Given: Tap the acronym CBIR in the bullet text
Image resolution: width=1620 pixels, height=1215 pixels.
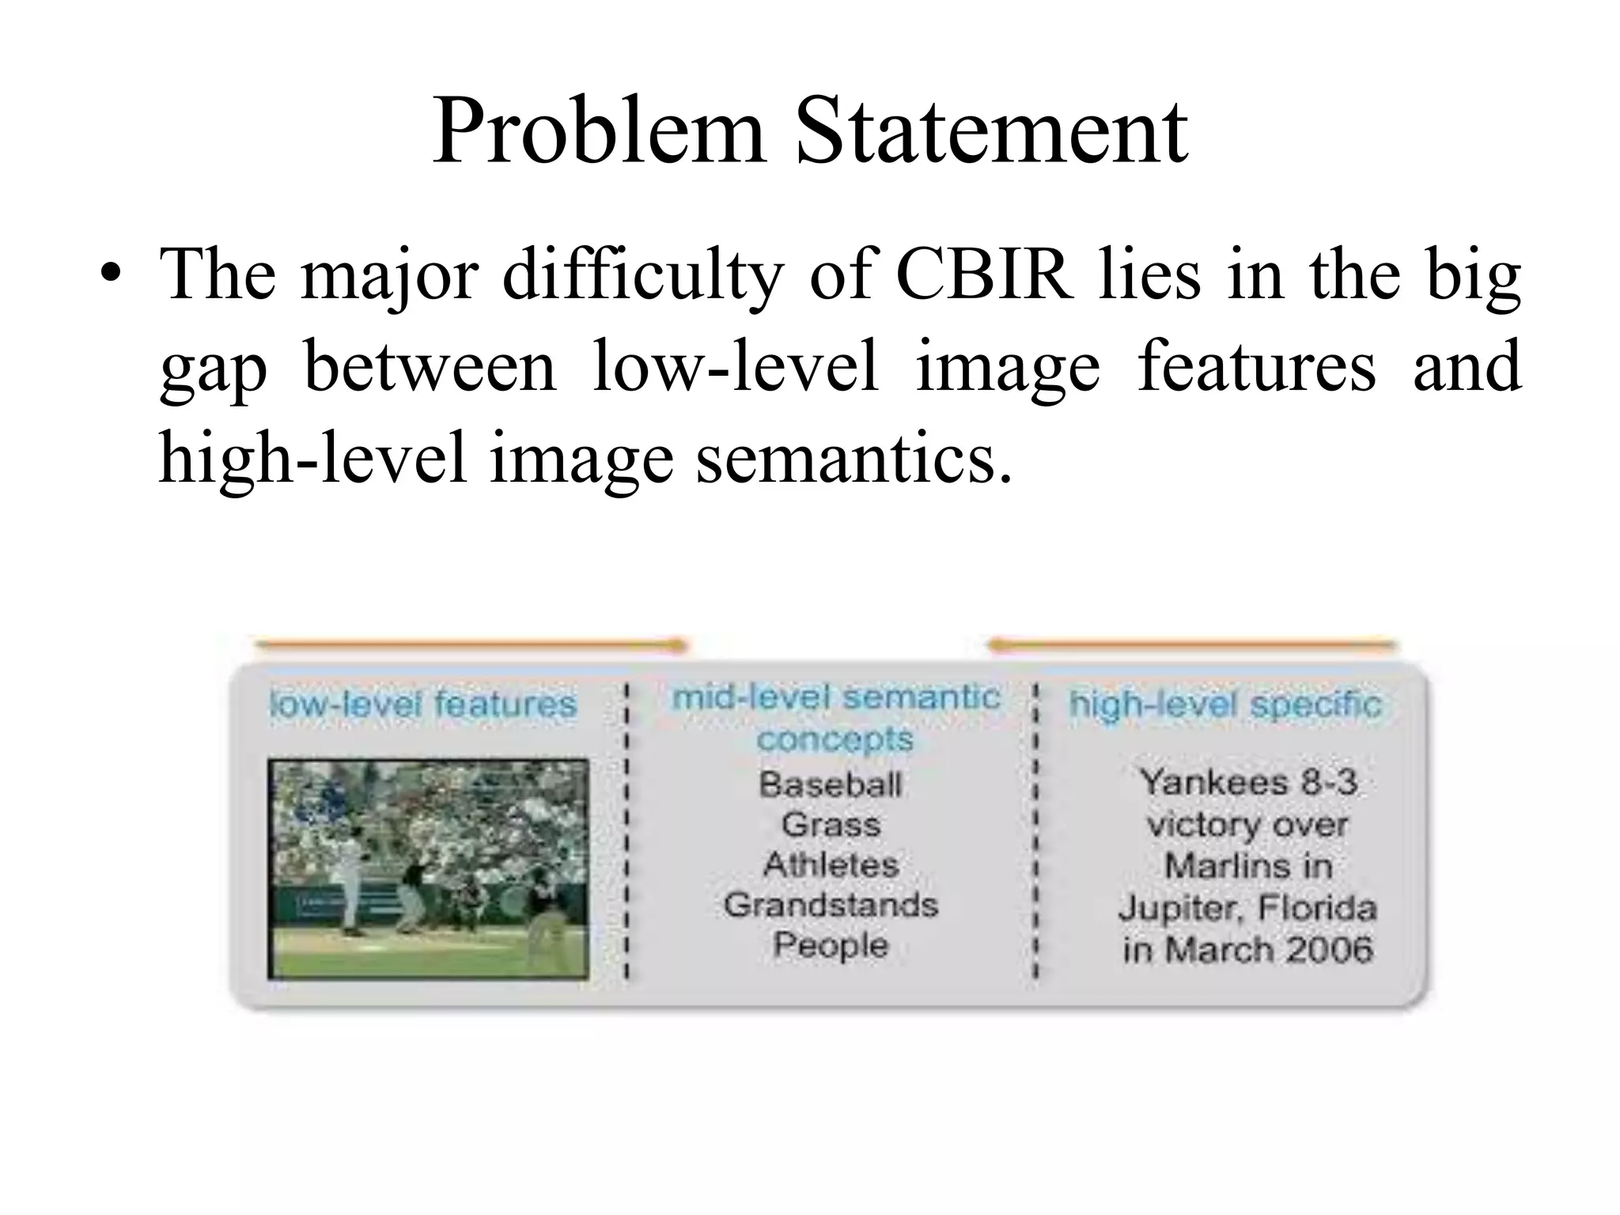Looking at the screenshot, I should click(x=985, y=275).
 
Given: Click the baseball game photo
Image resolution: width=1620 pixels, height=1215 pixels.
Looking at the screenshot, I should click(x=428, y=869).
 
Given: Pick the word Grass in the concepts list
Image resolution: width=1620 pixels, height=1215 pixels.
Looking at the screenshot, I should click(x=831, y=825).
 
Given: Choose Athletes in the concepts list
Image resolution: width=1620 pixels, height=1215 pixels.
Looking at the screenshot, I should click(x=831, y=865).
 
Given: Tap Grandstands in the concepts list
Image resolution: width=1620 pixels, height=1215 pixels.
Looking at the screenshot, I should click(x=831, y=905).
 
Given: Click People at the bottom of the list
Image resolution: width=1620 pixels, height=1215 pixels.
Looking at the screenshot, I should click(x=831, y=945).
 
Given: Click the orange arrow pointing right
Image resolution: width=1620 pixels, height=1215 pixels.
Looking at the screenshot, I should click(x=471, y=645).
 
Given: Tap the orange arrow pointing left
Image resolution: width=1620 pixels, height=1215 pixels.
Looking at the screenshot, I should click(x=1191, y=645).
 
